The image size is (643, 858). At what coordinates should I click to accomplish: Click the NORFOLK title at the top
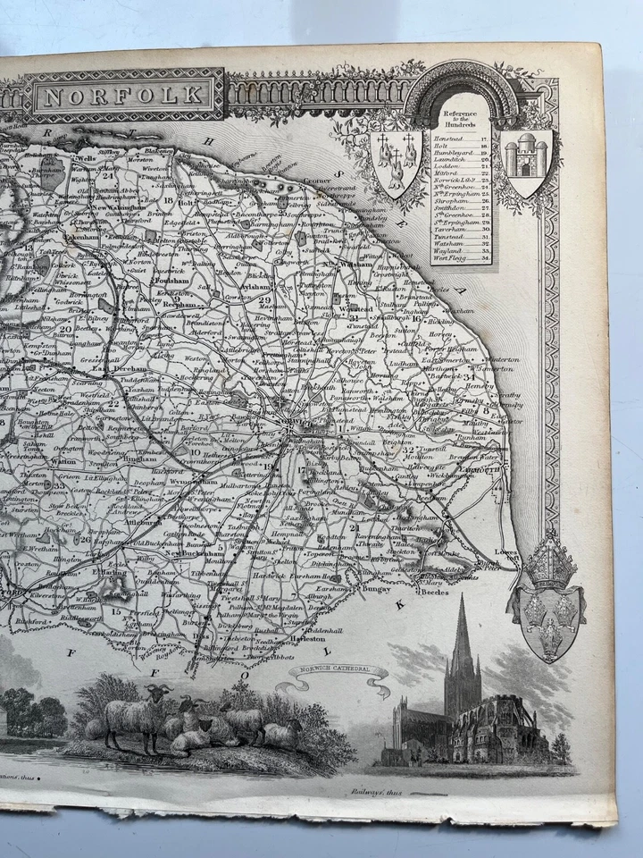coord(125,94)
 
